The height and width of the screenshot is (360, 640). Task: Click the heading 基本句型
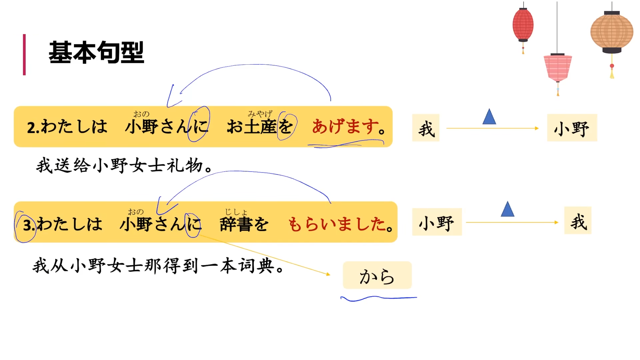pyautogui.click(x=96, y=52)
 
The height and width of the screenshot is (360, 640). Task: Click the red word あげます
pyautogui.click(x=345, y=127)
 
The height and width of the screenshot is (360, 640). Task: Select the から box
pyautogui.click(x=377, y=275)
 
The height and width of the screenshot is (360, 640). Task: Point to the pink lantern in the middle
pyautogui.click(x=558, y=67)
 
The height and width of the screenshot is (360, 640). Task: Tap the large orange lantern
pyautogui.click(x=612, y=32)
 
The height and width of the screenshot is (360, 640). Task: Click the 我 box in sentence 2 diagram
pyautogui.click(x=426, y=128)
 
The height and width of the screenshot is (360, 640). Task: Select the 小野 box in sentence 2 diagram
pyautogui.click(x=572, y=128)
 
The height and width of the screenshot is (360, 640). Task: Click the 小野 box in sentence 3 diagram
pyautogui.click(x=437, y=222)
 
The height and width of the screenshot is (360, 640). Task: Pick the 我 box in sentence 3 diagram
pyautogui.click(x=578, y=221)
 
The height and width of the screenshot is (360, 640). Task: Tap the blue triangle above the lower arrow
pyautogui.click(x=507, y=210)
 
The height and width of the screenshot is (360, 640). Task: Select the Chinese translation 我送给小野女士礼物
pyautogui.click(x=124, y=165)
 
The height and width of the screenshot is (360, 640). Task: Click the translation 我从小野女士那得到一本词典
pyautogui.click(x=158, y=266)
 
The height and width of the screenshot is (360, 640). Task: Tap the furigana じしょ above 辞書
pyautogui.click(x=236, y=212)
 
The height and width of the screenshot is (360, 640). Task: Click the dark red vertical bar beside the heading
pyautogui.click(x=24, y=55)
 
